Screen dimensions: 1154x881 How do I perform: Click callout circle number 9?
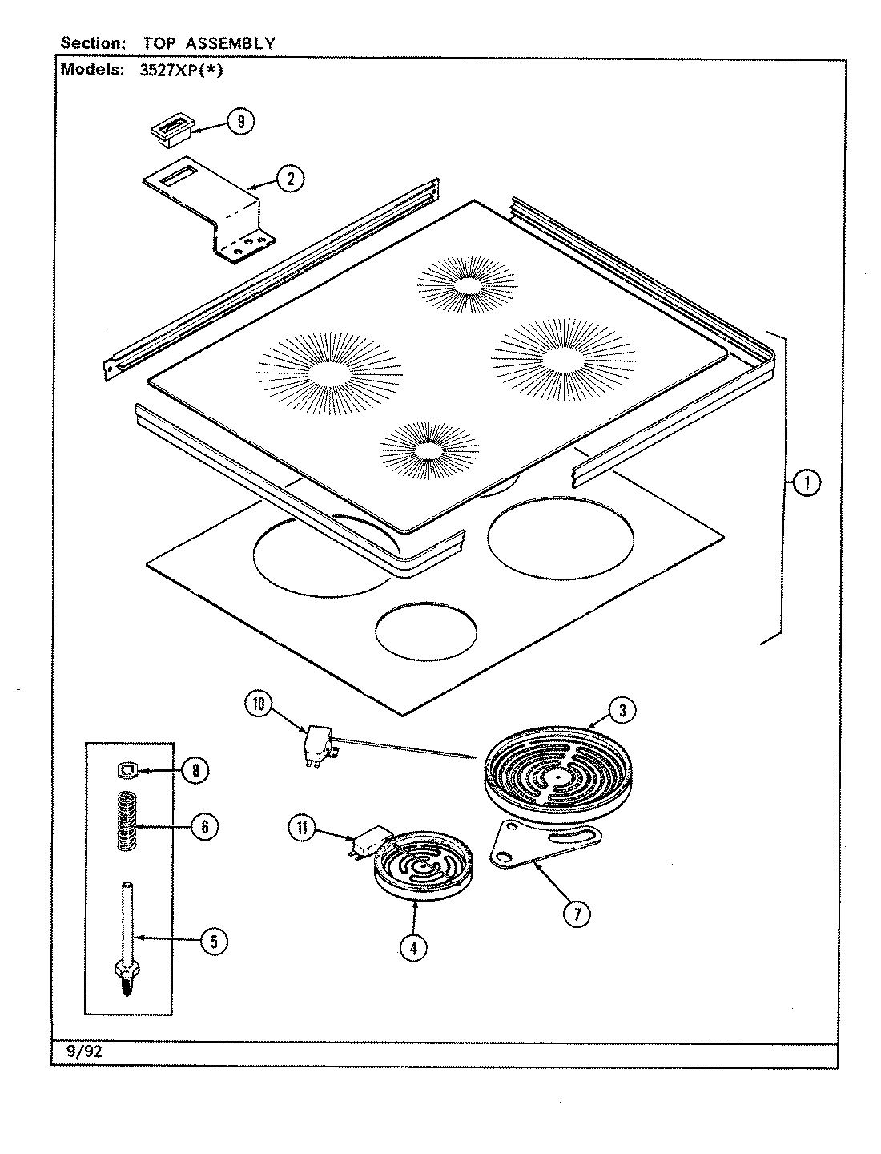(x=239, y=121)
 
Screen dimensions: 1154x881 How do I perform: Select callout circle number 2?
(x=291, y=179)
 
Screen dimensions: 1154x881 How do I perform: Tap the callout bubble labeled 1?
(x=807, y=482)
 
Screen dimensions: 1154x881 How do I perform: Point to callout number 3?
(x=622, y=709)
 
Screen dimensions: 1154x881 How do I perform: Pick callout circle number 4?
(x=413, y=948)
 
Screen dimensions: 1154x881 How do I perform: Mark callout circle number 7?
(x=577, y=913)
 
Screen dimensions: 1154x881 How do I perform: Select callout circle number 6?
(x=204, y=825)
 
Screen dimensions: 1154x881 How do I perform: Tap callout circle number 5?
(x=213, y=942)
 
